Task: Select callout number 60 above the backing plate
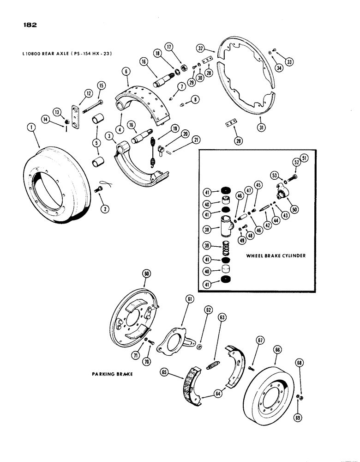point(146,274)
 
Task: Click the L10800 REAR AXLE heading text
point(67,54)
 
